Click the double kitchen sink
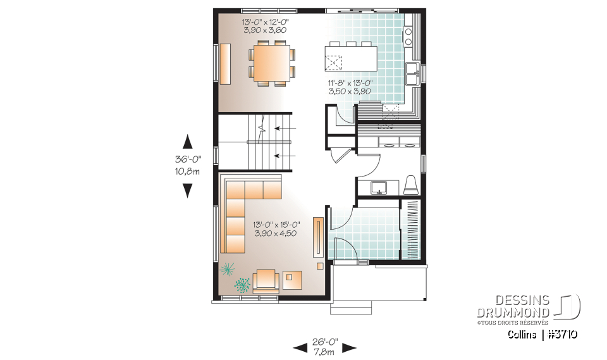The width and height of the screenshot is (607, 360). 414,73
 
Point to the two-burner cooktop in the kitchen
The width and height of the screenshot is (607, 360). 408,37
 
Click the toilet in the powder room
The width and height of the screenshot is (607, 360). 410,184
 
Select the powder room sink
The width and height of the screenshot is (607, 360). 379,187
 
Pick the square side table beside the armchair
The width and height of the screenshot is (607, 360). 293,278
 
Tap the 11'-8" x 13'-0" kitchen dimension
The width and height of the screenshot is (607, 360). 350,87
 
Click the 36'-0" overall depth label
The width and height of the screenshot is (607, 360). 187,166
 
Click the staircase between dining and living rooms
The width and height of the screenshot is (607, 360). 256,142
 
